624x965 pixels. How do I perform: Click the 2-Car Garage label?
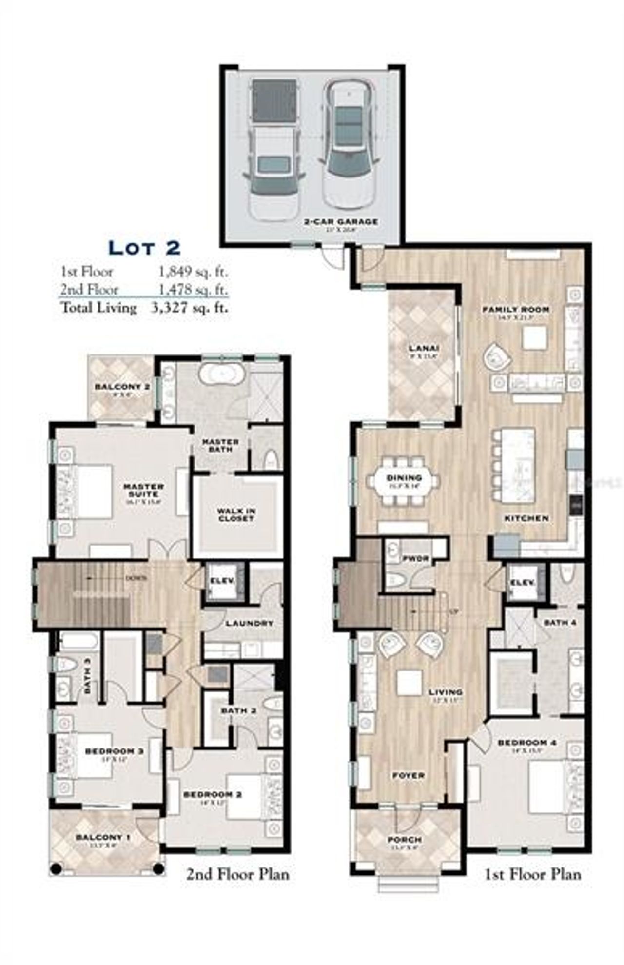coord(341,222)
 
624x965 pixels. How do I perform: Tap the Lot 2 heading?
coord(144,248)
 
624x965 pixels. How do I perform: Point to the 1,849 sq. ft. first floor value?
coord(193,272)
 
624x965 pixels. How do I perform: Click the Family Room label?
coord(516,309)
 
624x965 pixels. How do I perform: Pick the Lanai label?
coord(424,348)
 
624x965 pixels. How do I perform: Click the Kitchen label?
coord(526,518)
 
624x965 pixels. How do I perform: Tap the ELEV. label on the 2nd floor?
coord(222,581)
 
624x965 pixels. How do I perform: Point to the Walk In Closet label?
coord(236,515)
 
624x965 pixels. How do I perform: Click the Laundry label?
coord(250,623)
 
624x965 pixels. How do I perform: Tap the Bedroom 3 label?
coord(114,751)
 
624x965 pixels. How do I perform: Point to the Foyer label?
coord(408,775)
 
